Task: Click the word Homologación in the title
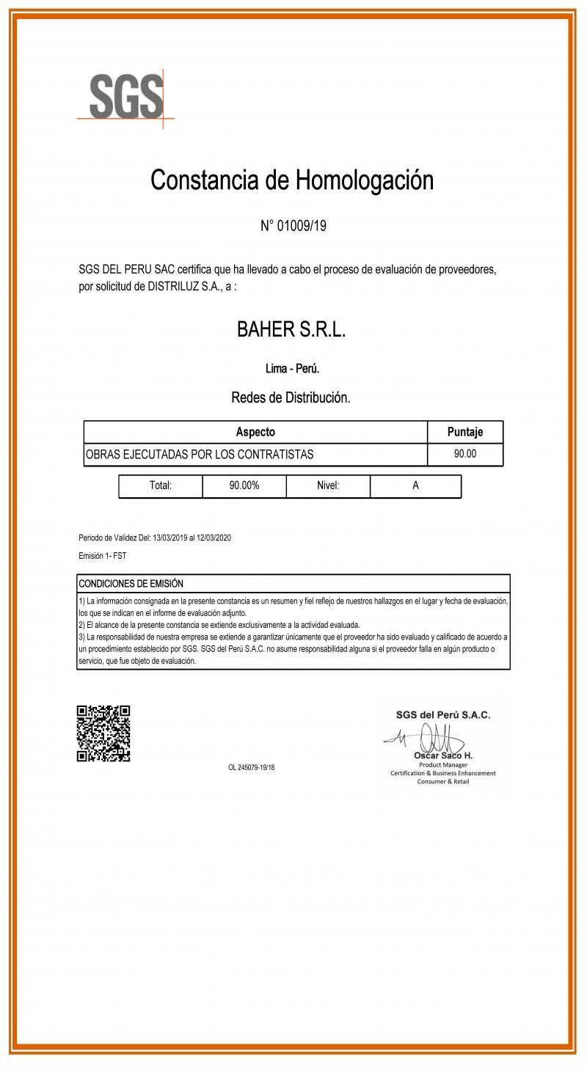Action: point(364,180)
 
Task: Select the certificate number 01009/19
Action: point(302,226)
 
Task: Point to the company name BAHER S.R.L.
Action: point(291,330)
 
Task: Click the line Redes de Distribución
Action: point(291,398)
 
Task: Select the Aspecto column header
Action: point(255,432)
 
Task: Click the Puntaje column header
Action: point(465,432)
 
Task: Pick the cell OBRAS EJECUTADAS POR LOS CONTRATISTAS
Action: point(200,454)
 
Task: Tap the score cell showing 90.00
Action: point(465,454)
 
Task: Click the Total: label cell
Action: point(161,486)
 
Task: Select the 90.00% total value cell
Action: point(244,486)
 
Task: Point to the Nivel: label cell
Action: point(328,486)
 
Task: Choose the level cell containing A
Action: point(415,486)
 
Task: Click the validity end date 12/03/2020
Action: point(214,538)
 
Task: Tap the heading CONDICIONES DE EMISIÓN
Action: point(131,584)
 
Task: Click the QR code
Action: point(103,733)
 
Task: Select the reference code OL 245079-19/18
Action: point(252,768)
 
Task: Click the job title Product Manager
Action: point(443,764)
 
